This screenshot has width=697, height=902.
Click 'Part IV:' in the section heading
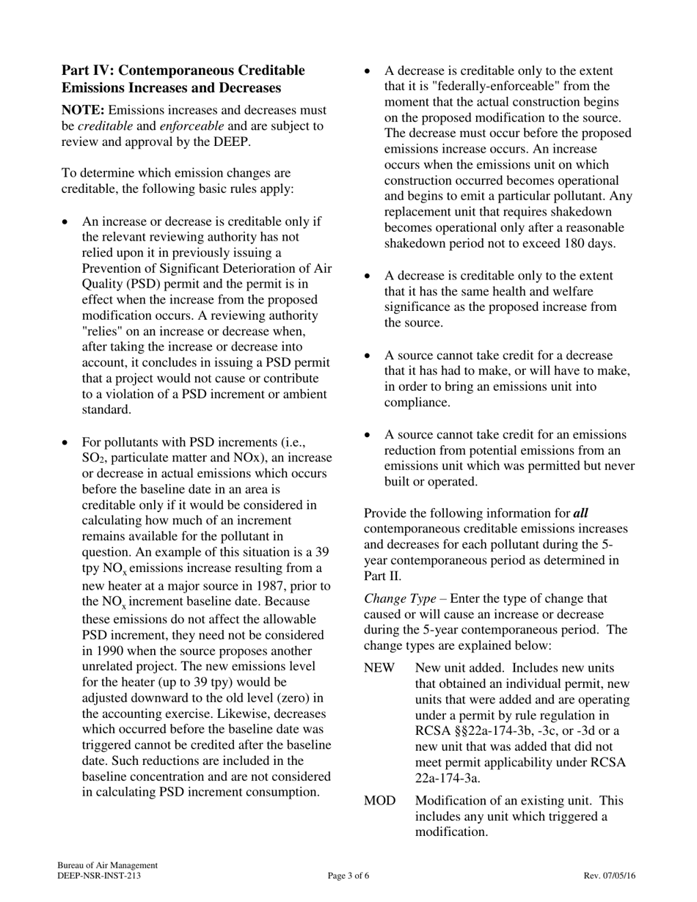pyautogui.click(x=87, y=70)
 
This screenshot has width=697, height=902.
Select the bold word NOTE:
pyautogui.click(x=82, y=110)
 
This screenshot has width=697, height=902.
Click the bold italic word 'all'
pyautogui.click(x=580, y=513)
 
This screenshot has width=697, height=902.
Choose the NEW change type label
pyautogui.click(x=379, y=668)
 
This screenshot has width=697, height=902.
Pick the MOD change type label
pyautogui.click(x=380, y=801)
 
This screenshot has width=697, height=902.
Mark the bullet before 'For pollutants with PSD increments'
pyautogui.click(x=67, y=443)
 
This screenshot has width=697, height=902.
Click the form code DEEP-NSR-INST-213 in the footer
pyautogui.click(x=99, y=876)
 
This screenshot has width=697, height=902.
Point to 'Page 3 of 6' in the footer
pyautogui.click(x=348, y=876)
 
